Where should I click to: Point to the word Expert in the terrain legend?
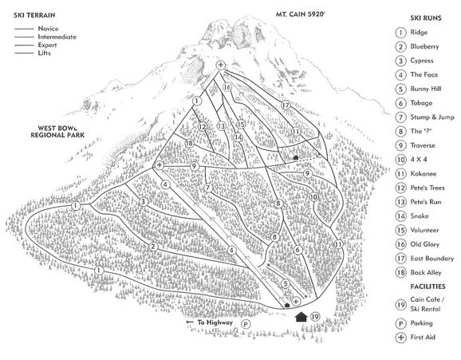click(x=48, y=45)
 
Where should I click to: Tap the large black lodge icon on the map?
click(x=301, y=317)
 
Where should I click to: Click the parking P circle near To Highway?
click(x=246, y=325)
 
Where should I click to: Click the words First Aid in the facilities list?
click(x=423, y=338)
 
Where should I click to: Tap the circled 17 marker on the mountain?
click(x=285, y=105)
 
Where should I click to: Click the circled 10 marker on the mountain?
click(x=313, y=196)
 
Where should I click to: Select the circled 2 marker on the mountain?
click(x=152, y=246)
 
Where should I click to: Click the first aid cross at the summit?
click(x=221, y=65)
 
